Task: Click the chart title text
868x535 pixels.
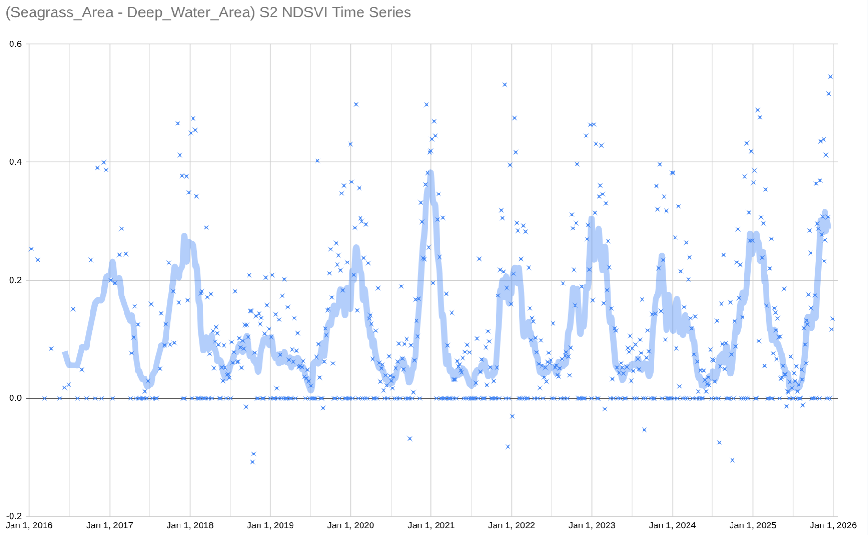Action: (208, 12)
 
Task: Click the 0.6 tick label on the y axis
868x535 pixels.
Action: (16, 44)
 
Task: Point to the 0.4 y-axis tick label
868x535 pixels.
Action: (16, 162)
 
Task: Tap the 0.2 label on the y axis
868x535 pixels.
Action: (16, 280)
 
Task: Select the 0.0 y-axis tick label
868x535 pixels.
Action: (16, 398)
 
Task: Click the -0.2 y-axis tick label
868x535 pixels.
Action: (14, 516)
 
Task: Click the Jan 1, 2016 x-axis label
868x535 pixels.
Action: (29, 525)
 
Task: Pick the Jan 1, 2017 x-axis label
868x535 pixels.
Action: (110, 525)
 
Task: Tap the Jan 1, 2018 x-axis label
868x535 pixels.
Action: (190, 525)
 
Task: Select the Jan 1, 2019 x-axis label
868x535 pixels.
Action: (270, 525)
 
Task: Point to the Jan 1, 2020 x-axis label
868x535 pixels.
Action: (350, 525)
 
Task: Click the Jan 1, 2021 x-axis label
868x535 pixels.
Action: (431, 525)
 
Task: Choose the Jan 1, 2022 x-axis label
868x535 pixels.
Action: (511, 525)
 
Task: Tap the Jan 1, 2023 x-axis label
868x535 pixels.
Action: (592, 525)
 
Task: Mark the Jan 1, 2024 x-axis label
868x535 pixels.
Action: (672, 525)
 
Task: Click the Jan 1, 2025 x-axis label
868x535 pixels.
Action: (753, 525)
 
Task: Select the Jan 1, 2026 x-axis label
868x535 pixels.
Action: (833, 525)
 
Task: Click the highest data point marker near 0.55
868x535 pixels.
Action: (831, 77)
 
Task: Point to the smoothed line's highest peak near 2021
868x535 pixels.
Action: (431, 172)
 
